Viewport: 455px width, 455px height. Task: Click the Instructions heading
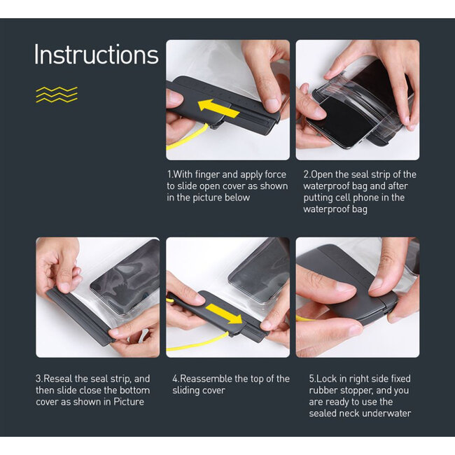96,55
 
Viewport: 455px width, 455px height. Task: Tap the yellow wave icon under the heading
57,94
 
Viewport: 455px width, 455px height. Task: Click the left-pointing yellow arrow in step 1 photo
220,107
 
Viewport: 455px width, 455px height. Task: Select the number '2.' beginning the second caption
307,174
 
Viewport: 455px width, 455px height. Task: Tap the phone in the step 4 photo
259,269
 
